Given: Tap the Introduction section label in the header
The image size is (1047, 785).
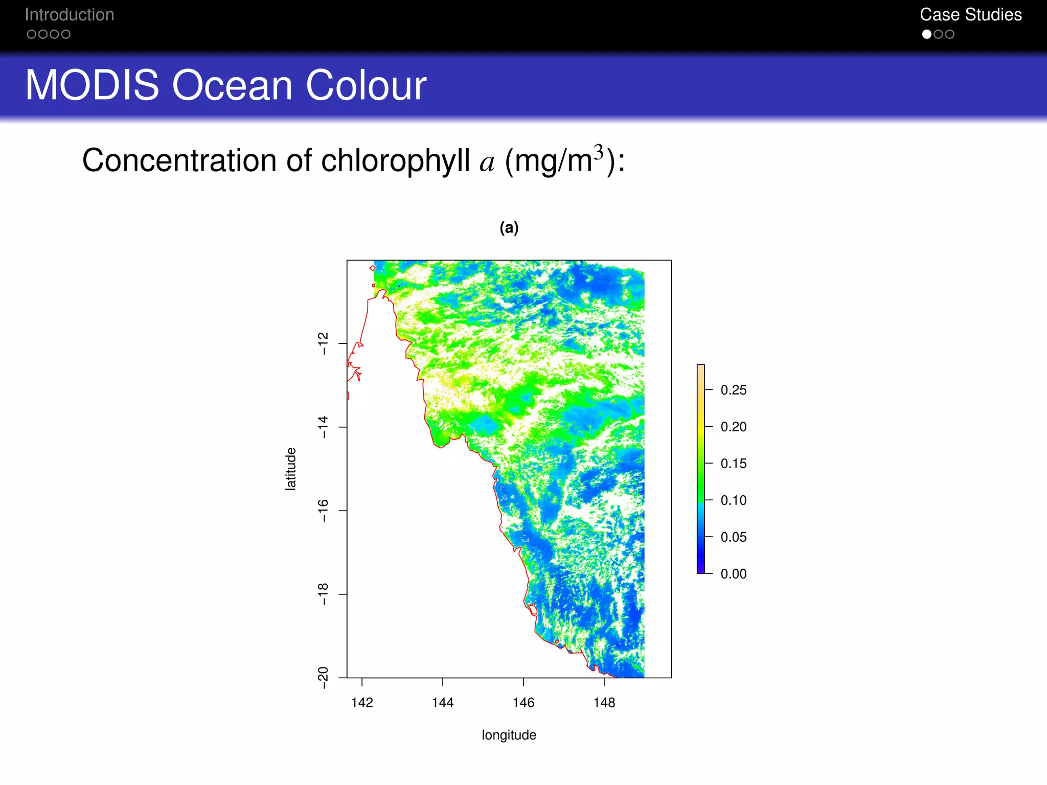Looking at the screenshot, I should click(x=70, y=15).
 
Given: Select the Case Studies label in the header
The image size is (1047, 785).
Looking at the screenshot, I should click(x=970, y=15).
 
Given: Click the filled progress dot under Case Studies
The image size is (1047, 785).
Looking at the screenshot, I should click(x=926, y=34).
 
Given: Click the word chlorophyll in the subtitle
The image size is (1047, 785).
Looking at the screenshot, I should click(x=395, y=161).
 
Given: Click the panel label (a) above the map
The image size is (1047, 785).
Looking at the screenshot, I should click(x=509, y=228).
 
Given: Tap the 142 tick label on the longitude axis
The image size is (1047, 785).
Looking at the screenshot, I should click(x=362, y=703).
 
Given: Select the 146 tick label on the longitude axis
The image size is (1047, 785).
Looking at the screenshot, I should click(x=523, y=703).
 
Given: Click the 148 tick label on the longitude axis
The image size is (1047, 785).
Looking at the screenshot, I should click(x=604, y=703).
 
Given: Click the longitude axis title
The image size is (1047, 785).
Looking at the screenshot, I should click(x=509, y=735).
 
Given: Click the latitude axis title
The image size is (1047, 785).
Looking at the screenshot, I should click(x=290, y=469).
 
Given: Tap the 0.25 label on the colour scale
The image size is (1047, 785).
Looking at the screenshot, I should click(x=733, y=390).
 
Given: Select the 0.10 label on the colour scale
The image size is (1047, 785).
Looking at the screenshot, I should click(x=733, y=500).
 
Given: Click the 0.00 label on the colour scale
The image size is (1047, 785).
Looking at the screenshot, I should click(x=733, y=574).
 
